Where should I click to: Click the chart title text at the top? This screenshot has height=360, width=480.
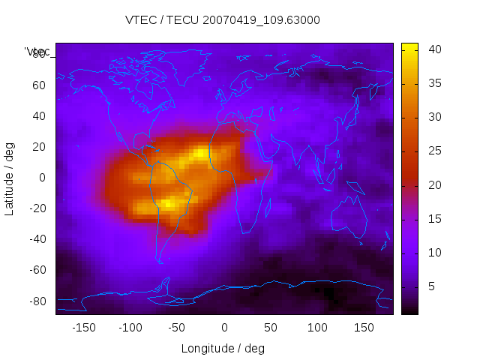(x=223, y=20)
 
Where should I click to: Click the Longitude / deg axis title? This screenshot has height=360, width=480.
(x=223, y=348)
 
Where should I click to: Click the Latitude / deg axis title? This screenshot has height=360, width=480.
(x=10, y=178)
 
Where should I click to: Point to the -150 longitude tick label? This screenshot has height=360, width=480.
(x=83, y=327)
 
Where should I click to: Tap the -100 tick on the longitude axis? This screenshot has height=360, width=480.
(x=130, y=327)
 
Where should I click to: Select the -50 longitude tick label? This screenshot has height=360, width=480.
(x=177, y=327)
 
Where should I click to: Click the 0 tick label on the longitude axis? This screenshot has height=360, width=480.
(x=224, y=327)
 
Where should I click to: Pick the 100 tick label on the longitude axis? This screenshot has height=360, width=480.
(x=317, y=327)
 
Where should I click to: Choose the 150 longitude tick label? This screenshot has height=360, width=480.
(x=364, y=327)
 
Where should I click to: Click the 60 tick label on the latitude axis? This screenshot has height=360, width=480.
(x=38, y=85)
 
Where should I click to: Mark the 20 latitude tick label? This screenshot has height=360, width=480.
(x=38, y=147)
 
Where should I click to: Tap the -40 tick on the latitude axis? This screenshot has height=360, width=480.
(x=36, y=239)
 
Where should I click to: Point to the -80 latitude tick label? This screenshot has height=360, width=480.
(x=36, y=301)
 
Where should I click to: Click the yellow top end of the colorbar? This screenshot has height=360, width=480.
(x=409, y=47)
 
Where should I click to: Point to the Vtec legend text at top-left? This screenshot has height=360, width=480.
(x=37, y=52)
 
